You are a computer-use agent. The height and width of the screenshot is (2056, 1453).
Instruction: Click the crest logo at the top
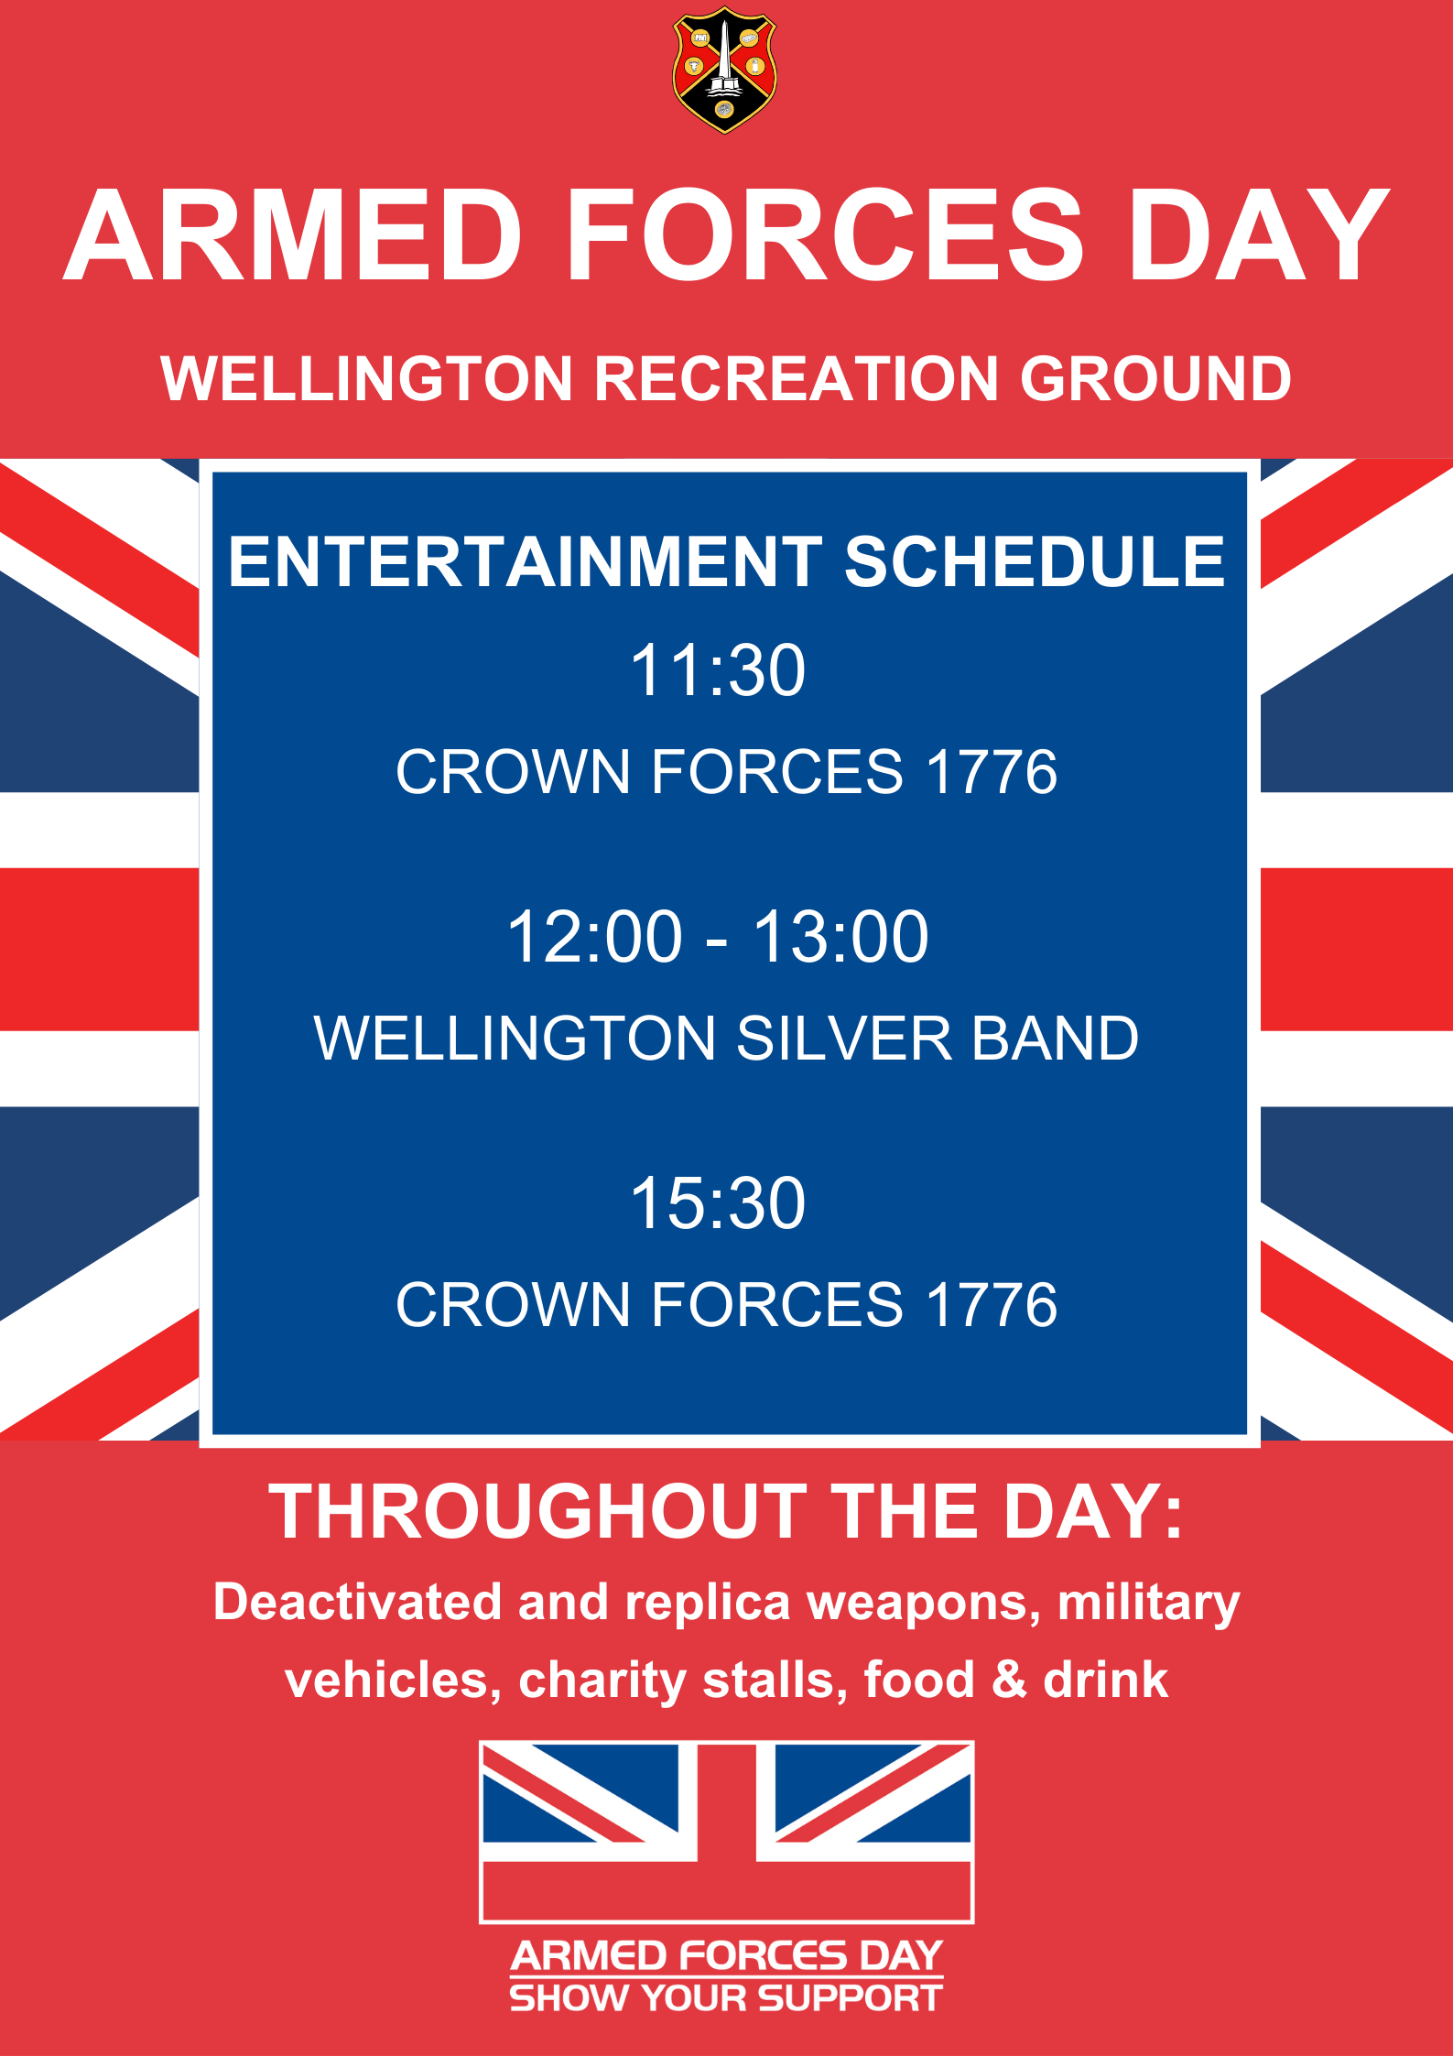[725, 71]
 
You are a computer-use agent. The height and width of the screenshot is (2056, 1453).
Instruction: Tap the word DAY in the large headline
[1259, 235]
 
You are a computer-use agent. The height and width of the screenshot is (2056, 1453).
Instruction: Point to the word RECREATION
[797, 378]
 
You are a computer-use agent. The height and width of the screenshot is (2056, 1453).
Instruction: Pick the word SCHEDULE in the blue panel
[1035, 561]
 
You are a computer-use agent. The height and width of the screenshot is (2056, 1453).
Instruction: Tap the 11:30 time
[719, 670]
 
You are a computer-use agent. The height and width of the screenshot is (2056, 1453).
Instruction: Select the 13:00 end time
[841, 937]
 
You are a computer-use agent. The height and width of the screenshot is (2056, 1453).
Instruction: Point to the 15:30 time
[719, 1203]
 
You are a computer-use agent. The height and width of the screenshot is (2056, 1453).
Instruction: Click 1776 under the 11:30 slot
[992, 771]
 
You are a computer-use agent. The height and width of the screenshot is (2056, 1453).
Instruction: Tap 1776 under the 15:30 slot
[992, 1304]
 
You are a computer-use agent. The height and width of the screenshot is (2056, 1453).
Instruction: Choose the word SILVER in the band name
[844, 1038]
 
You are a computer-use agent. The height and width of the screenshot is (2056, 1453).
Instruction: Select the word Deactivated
[358, 1604]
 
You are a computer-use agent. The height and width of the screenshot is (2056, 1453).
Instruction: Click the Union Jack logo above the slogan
[727, 1832]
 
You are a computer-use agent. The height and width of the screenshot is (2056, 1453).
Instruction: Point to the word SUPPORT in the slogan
[851, 1998]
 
